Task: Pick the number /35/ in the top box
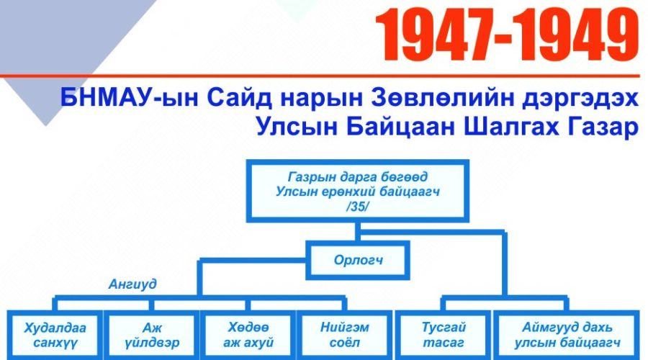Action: [357, 207]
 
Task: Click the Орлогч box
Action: [358, 260]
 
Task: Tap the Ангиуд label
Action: [132, 284]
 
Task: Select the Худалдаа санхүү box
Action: [55, 336]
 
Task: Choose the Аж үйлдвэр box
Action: [152, 336]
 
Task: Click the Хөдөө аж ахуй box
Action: [248, 336]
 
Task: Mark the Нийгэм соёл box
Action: [345, 336]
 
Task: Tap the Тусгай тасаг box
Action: [444, 336]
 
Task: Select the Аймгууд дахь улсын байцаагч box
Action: [567, 336]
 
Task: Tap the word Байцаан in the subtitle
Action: [401, 127]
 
